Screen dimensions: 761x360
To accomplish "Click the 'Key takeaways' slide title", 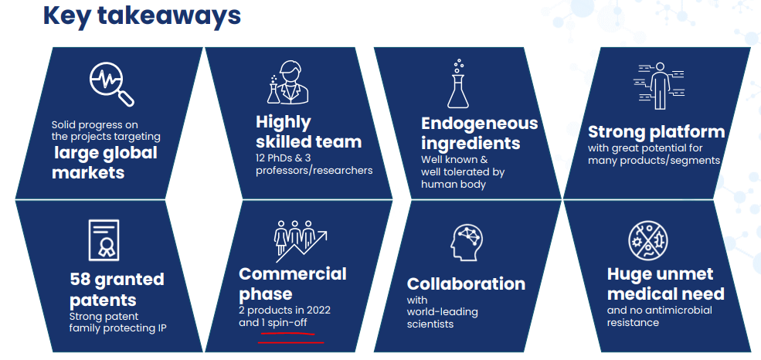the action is coord(141,16).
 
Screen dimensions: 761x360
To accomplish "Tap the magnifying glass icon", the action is coord(111,84).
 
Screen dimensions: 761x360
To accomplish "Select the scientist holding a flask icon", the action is coord(288,82).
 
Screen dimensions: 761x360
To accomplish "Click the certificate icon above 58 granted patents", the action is coord(104,239).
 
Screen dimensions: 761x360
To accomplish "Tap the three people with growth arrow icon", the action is coord(301,237).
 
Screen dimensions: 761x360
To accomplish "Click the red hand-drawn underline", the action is coord(290,338).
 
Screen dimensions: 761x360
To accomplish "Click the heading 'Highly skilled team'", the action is coord(309,131).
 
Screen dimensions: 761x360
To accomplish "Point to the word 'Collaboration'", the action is coord(466,284).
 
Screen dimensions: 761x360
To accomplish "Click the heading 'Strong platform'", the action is coord(656,131).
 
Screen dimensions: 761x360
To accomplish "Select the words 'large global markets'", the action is coord(105,162).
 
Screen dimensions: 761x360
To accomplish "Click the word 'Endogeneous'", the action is coord(480,124).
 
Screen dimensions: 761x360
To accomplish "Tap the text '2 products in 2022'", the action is coord(284,310).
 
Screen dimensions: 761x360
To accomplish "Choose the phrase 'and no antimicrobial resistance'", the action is coord(660,316).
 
